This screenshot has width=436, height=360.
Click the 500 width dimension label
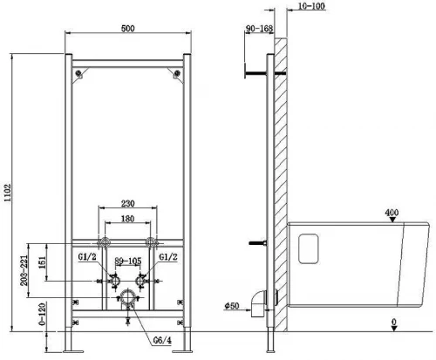pos(127,29)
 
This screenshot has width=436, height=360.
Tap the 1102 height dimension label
pos(7,193)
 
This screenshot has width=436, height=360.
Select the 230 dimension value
pos(127,203)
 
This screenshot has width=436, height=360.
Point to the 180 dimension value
pos(127,219)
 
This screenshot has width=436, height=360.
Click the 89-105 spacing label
pos(128,261)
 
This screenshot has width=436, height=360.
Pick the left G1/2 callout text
pos(87,257)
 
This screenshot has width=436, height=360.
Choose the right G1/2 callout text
pos(168,257)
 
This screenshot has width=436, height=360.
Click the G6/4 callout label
pos(162,340)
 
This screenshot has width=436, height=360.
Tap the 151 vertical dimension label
pos(43,262)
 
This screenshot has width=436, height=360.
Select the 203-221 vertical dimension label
pos(24,270)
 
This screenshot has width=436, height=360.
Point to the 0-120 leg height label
pos(43,314)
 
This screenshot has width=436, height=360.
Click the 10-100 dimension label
pos(312,6)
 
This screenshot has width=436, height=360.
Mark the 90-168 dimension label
pos(259,29)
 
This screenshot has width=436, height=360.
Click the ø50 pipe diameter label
pos(232,305)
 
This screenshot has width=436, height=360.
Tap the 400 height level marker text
pos(392,213)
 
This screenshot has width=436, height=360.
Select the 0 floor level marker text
pos(394,322)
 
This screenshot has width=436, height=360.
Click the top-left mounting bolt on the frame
pos(78,73)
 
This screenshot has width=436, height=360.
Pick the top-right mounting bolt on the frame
pos(177,73)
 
